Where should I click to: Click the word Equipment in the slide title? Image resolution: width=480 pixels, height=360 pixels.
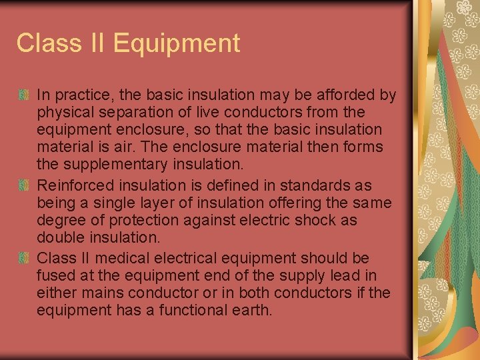pyautogui.click(x=177, y=44)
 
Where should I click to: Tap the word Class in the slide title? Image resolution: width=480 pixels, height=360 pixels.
pyautogui.click(x=45, y=43)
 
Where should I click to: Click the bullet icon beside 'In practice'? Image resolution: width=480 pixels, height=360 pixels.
pyautogui.click(x=25, y=95)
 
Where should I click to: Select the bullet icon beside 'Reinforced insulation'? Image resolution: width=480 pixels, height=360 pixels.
pyautogui.click(x=25, y=185)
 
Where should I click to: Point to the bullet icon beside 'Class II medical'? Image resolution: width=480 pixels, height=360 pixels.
pyautogui.click(x=25, y=258)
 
